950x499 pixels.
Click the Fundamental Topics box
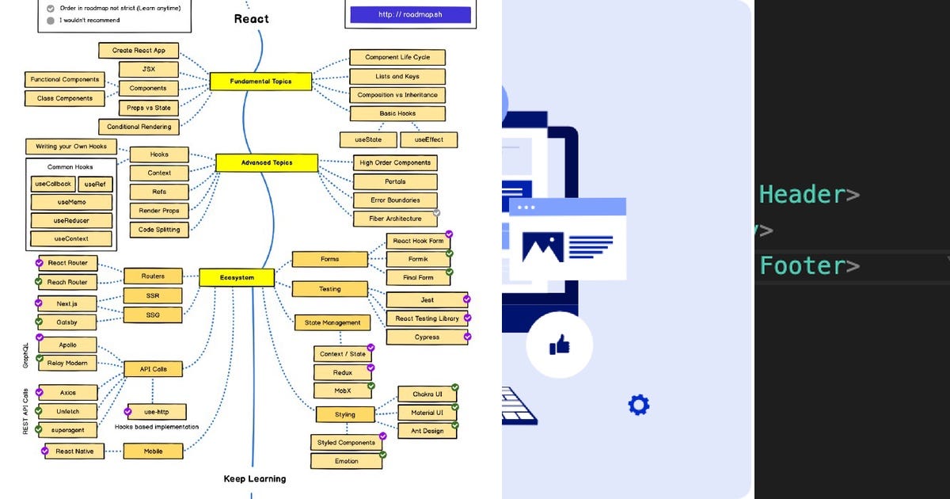(260, 81)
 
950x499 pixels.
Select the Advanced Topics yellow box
(266, 162)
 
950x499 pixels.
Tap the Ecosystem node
(236, 277)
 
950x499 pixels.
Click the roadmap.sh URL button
(410, 14)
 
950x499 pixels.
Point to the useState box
(368, 139)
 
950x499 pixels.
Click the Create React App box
(139, 50)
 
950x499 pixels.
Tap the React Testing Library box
(427, 318)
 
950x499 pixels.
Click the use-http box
(157, 411)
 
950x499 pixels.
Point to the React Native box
(74, 451)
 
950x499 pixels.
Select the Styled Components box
(346, 442)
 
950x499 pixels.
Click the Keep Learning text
(254, 478)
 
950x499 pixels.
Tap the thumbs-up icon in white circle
(560, 344)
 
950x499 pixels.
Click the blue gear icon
(638, 405)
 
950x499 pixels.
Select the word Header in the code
(802, 194)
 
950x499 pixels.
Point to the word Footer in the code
(802, 265)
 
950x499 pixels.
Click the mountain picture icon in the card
(542, 247)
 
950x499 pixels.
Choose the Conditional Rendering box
(139, 126)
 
